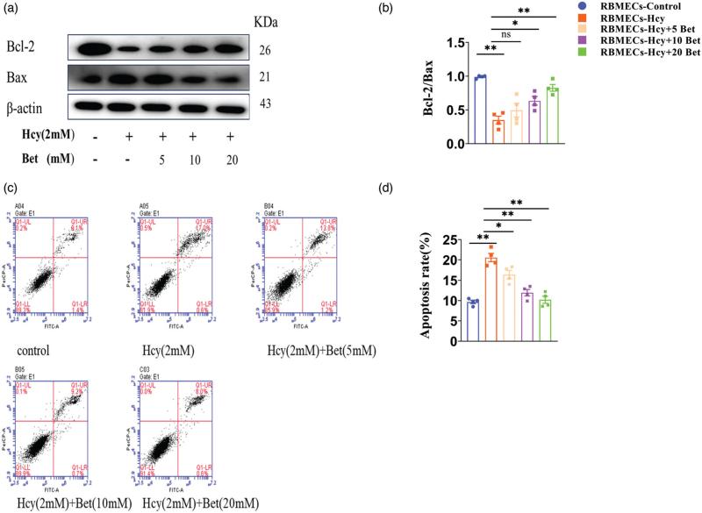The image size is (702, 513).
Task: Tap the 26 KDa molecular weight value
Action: (x=264, y=50)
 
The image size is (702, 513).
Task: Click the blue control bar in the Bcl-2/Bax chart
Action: (x=481, y=110)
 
